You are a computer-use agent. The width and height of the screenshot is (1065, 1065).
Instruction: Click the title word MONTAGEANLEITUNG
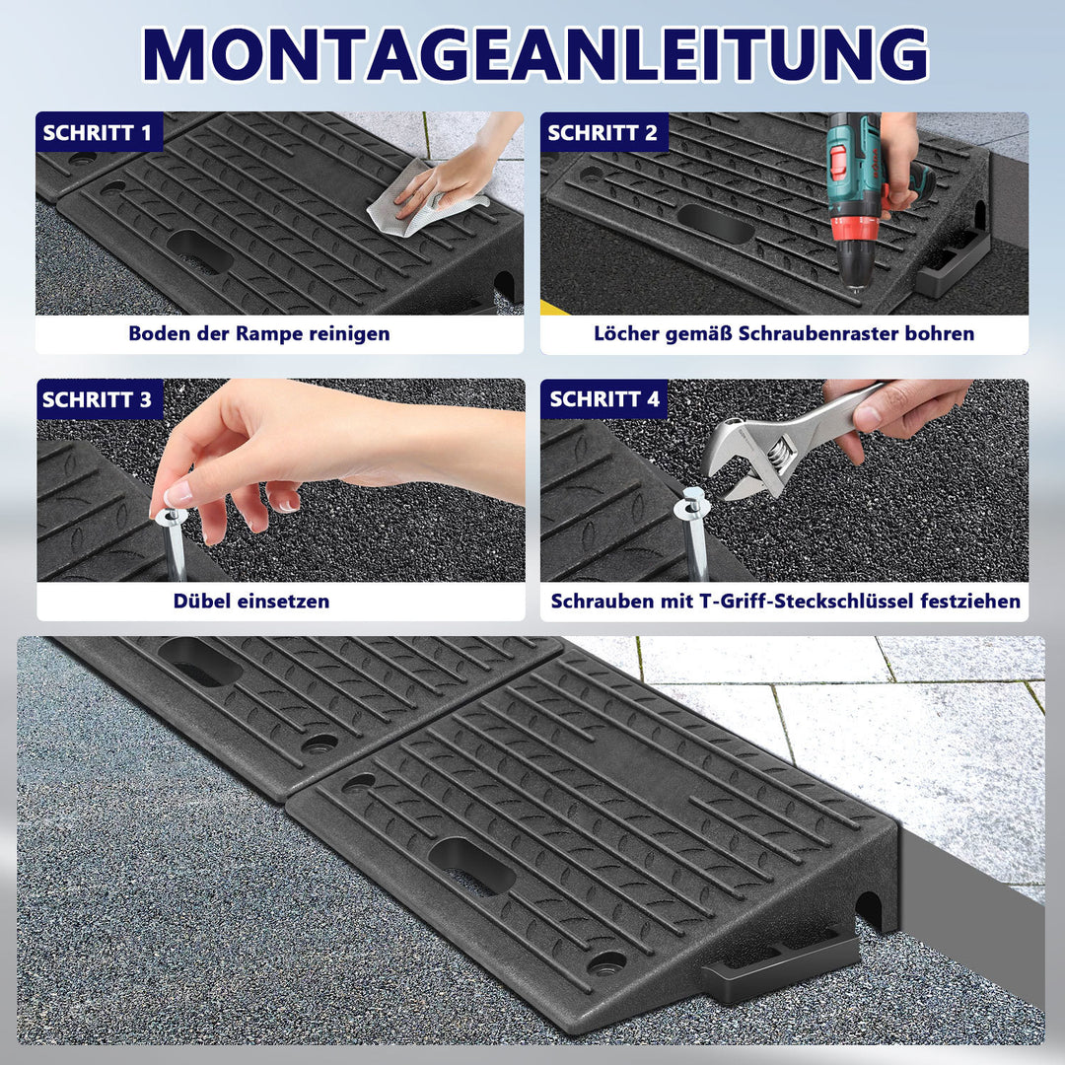(x=535, y=55)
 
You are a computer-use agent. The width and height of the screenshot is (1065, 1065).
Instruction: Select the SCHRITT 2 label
(x=603, y=132)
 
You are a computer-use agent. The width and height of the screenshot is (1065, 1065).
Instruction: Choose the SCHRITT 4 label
(x=604, y=399)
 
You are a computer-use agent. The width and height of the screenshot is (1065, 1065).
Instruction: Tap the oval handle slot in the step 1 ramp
(x=199, y=250)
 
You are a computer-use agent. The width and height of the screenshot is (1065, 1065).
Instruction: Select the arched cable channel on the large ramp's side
(x=868, y=910)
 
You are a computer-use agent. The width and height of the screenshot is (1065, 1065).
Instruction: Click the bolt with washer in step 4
(x=693, y=533)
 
